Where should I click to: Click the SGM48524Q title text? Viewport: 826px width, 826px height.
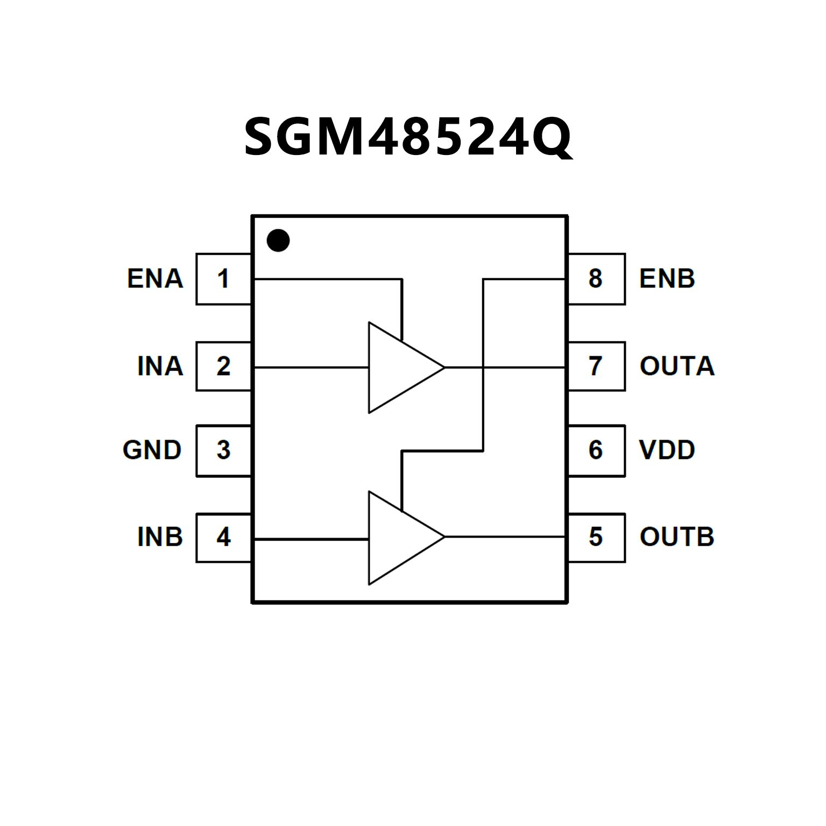coord(408,138)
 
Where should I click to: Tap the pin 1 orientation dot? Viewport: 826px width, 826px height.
coord(278,241)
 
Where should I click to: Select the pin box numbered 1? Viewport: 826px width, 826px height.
coord(224,279)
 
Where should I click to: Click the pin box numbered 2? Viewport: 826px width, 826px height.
coord(224,366)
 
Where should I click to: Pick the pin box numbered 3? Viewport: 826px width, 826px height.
coord(224,450)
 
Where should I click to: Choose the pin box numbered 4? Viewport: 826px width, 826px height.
coord(224,537)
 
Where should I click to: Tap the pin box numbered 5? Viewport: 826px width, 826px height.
coord(596,537)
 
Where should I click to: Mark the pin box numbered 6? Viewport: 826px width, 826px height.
coord(596,450)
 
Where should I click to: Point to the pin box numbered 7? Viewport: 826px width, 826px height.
coord(596,366)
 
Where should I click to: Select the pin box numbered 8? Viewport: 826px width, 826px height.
coord(596,279)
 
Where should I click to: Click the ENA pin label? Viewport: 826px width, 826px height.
coord(155,279)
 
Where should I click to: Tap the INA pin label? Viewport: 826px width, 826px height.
coord(160,366)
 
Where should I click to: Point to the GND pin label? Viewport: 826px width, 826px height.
coord(152,450)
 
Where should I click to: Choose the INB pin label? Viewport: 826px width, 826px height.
coord(160,537)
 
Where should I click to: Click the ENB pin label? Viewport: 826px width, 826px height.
coord(667,279)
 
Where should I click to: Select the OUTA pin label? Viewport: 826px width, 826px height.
coord(677,366)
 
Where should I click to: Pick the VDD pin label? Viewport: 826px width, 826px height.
coord(667,450)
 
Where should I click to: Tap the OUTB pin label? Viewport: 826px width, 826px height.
coord(677,537)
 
